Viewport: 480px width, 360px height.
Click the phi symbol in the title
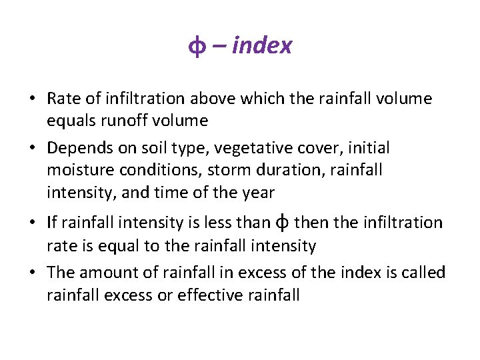coord(197,47)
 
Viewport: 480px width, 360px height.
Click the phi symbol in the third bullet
coord(282,222)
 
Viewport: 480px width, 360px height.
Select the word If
coord(52,222)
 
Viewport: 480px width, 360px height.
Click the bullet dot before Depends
coord(32,148)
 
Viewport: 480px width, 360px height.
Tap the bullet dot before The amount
coord(32,273)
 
